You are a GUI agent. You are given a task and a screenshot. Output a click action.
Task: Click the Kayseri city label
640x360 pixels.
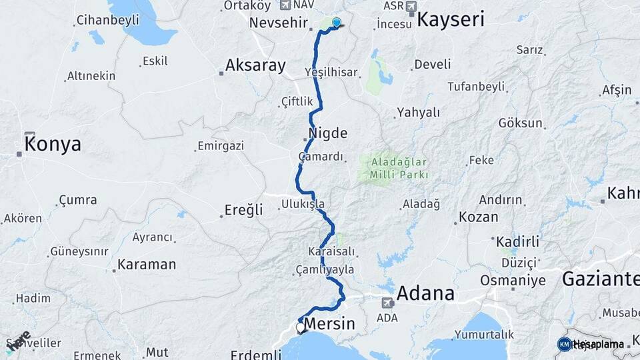450,19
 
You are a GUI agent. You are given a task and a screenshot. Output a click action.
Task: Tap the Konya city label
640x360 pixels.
53,143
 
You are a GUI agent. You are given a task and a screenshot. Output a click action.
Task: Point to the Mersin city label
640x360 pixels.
329,325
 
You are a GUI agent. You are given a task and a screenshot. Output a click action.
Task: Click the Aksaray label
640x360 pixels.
255,65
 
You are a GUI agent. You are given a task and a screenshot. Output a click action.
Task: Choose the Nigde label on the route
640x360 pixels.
327,133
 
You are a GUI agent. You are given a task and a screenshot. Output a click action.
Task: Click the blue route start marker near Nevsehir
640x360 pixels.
336,22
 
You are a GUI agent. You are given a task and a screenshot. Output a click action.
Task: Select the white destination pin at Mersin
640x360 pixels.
300,327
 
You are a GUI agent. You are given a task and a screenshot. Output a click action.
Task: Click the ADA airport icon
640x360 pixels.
387,303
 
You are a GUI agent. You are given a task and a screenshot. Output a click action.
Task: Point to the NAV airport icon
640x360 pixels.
287,5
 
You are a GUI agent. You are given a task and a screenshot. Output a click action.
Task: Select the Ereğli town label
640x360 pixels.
241,210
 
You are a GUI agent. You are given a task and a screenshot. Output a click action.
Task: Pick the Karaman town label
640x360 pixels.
147,265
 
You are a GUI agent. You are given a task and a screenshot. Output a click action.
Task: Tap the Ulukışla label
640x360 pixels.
303,204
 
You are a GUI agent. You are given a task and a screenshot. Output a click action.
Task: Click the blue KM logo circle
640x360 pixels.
564,344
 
